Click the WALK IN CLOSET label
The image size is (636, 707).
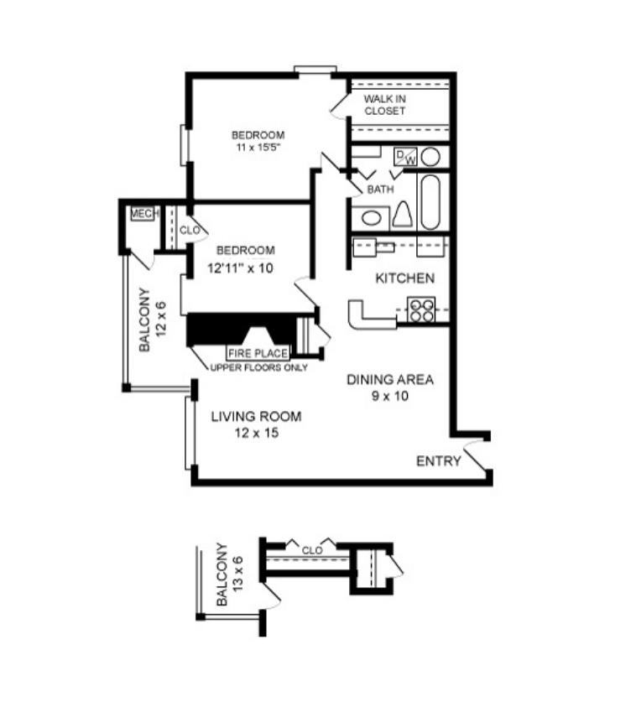pos(384,105)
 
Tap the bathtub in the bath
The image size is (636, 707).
pos(430,202)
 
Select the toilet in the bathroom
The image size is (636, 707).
pos(402,216)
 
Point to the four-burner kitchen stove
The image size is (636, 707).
pos(421,310)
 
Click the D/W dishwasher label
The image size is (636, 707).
pos(405,156)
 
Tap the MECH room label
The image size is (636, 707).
pos(143,215)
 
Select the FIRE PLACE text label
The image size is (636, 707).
pos(258,353)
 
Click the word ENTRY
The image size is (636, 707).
pos(438,461)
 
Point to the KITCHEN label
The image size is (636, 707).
pos(404,278)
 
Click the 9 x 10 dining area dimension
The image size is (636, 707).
pos(389,396)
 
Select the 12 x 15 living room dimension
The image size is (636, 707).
pos(256,433)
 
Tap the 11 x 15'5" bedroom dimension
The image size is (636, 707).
pos(258,148)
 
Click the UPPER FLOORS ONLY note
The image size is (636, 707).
pos(258,367)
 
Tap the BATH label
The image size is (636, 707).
pos(380,190)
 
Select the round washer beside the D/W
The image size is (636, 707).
pos(430,156)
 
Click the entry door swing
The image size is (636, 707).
pos(475,457)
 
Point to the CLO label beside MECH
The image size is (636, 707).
pos(189,229)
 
